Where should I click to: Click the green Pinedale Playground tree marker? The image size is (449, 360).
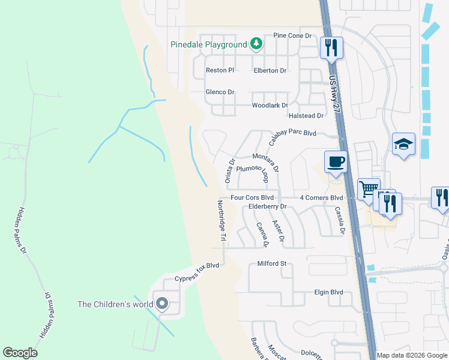click(x=256, y=43)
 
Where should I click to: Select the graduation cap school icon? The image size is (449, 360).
click(x=404, y=144)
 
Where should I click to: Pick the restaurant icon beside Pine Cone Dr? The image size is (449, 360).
click(x=331, y=47)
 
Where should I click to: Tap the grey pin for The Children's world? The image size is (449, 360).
click(x=161, y=304)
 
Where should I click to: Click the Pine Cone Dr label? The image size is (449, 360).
click(x=292, y=36)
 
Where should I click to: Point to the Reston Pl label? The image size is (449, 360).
click(x=220, y=70)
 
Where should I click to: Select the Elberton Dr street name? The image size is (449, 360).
click(x=270, y=70)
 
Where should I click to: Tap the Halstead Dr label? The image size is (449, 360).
click(x=306, y=115)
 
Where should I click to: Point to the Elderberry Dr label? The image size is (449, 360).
click(x=268, y=206)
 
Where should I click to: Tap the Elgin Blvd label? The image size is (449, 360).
click(x=328, y=292)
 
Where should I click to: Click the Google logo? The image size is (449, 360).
click(x=20, y=353)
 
